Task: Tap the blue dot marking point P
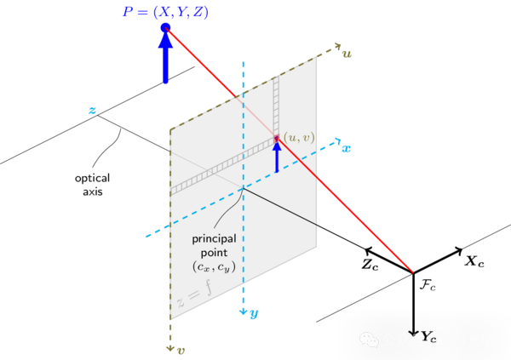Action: tap(165, 28)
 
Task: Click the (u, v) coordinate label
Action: tap(298, 136)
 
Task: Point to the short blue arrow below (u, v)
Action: tap(276, 157)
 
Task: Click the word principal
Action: tap(214, 238)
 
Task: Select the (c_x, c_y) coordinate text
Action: tap(213, 267)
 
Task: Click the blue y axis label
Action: tap(253, 313)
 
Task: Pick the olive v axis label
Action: tap(181, 348)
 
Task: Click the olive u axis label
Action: tap(347, 53)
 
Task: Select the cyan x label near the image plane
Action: tap(346, 148)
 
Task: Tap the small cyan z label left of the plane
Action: tap(92, 110)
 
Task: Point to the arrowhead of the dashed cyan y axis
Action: tap(243, 311)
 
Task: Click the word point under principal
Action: tap(214, 253)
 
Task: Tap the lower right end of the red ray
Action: tap(413, 272)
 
